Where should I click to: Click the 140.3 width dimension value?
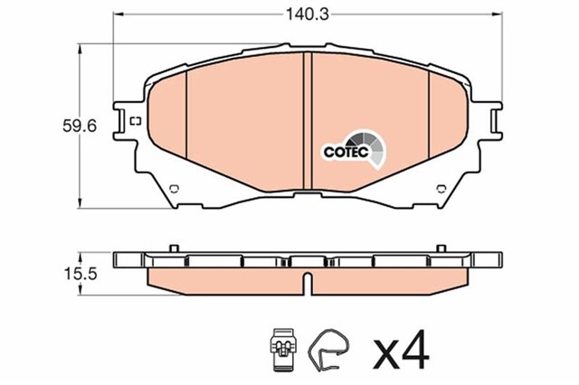308,14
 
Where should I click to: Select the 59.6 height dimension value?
80,127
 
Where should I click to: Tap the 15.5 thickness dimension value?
81,274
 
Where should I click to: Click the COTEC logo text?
346,152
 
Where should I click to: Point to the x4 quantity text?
401,351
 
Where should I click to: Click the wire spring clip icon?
328,349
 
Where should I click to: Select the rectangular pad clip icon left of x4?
283,349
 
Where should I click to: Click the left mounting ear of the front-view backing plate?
123,120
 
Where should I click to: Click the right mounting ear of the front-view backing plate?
492,120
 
